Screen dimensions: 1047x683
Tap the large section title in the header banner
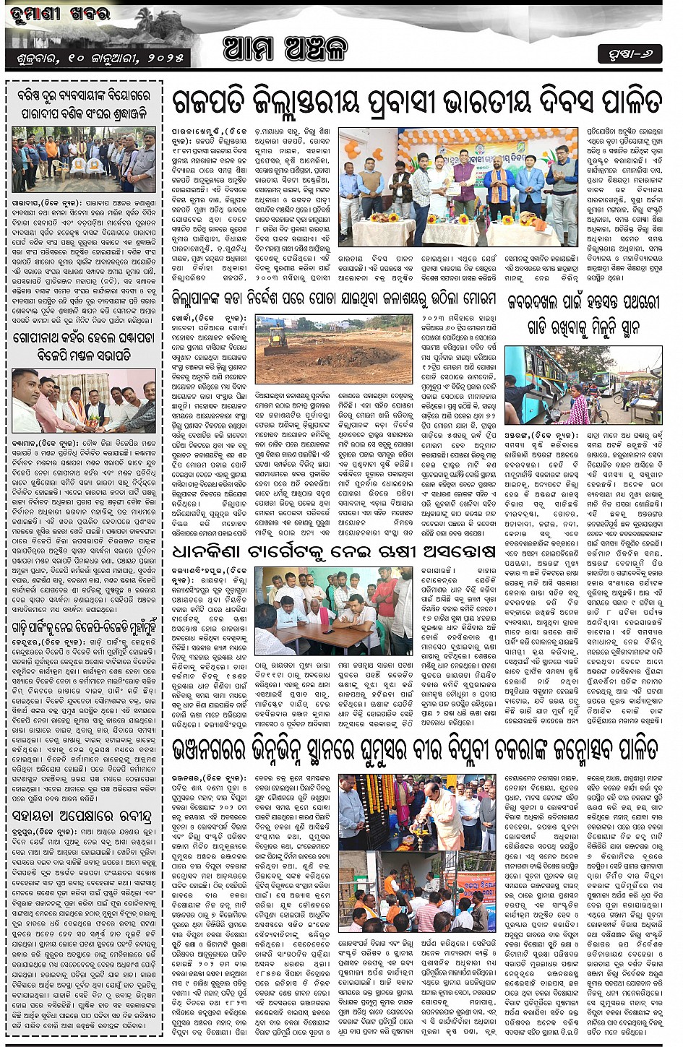(285, 48)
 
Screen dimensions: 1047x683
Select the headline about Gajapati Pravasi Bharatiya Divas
(417, 102)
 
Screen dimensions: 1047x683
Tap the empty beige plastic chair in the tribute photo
(56, 167)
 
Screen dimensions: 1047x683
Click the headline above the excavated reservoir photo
(333, 298)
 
